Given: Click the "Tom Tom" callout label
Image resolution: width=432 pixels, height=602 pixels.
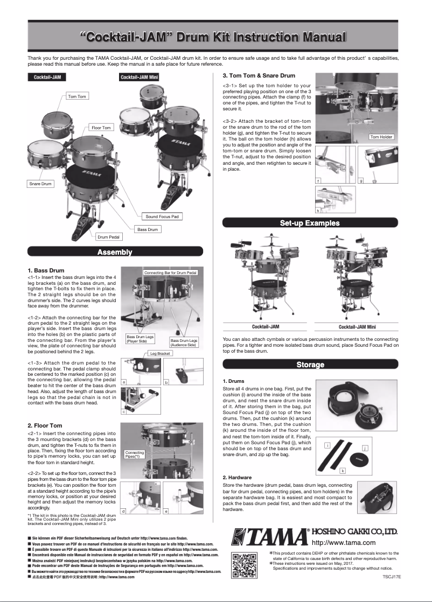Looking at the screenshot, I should pyautogui.click(x=77, y=96).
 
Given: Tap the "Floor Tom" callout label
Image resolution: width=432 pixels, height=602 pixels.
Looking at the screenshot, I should pyautogui.click(x=101, y=128).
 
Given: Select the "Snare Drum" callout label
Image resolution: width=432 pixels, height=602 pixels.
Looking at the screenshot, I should pyautogui.click(x=40, y=184).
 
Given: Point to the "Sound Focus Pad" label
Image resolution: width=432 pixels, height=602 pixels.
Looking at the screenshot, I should pyautogui.click(x=162, y=216).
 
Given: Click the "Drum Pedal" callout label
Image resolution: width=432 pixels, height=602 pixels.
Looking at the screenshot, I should pyautogui.click(x=109, y=236).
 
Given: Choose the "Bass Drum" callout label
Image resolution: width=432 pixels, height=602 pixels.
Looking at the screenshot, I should pyautogui.click(x=148, y=229).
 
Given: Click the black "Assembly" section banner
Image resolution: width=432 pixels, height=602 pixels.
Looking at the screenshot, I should pyautogui.click(x=115, y=252).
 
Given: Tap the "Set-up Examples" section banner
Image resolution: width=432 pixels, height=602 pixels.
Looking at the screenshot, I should pyautogui.click(x=310, y=223).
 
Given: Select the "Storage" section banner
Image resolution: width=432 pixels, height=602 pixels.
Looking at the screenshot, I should pyautogui.click(x=310, y=365).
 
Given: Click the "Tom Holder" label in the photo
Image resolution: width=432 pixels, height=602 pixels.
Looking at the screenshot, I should pyautogui.click(x=381, y=137).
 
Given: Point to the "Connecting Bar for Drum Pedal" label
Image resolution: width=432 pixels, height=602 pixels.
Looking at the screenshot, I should pyautogui.click(x=171, y=273).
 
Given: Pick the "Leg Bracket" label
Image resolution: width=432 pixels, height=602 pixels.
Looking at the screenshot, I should pyautogui.click(x=160, y=354).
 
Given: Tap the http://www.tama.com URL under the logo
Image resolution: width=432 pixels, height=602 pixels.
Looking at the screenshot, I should pyautogui.click(x=343, y=543).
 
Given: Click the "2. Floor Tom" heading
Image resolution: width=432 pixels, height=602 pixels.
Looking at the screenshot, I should pyautogui.click(x=45, y=425).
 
